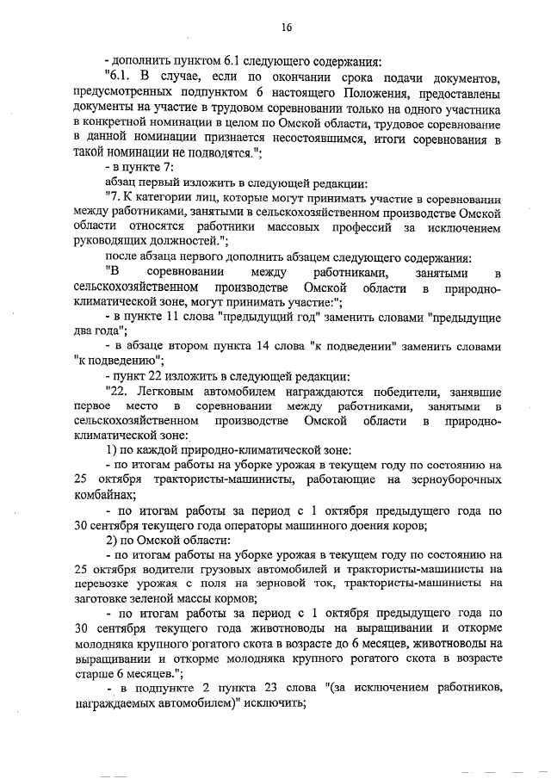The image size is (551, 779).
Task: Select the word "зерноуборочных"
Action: [x=452, y=480]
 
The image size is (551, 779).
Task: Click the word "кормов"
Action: [x=258, y=601]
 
